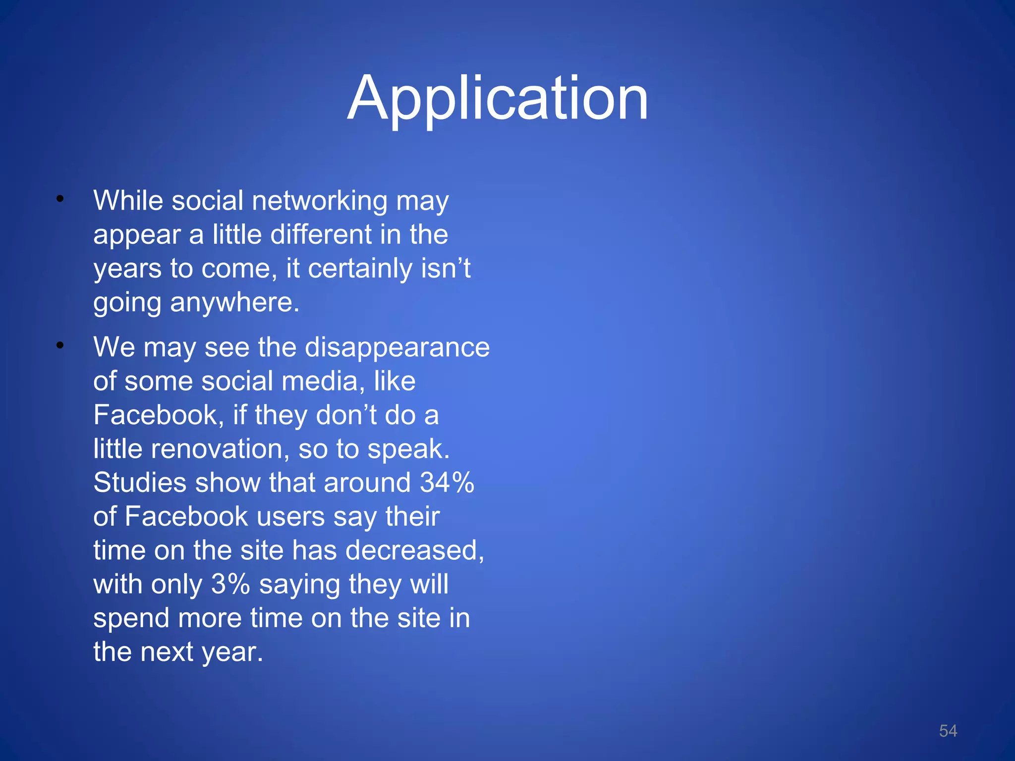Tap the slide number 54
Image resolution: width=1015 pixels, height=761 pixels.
948,731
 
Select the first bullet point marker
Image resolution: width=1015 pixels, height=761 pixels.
60,200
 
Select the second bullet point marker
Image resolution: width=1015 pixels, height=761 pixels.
60,346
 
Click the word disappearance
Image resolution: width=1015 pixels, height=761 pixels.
397,347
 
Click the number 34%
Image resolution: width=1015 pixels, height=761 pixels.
447,483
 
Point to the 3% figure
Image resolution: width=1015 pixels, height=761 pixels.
230,584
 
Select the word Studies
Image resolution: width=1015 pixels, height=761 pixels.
140,483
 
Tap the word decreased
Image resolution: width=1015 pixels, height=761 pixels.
414,550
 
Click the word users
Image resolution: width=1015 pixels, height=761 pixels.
290,517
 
